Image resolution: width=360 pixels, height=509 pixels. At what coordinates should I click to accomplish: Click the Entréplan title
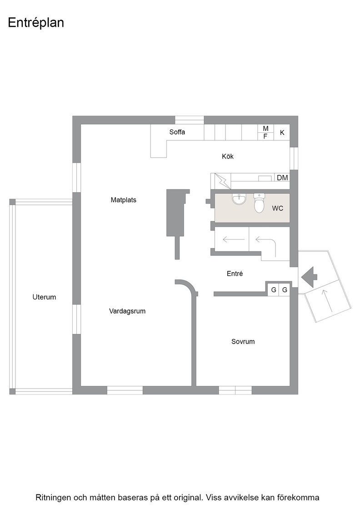click(36, 23)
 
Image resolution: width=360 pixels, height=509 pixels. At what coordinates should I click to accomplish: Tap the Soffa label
click(177, 132)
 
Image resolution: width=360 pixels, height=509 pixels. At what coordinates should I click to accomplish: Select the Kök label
click(228, 156)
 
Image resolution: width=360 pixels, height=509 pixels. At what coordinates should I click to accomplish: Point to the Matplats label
click(123, 200)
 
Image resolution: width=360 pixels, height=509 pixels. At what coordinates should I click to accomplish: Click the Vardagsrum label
click(127, 311)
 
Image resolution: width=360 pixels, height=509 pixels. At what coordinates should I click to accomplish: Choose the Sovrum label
click(243, 341)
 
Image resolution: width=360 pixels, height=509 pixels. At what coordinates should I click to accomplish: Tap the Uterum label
click(44, 297)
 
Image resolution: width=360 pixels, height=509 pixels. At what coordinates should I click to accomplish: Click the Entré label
click(235, 274)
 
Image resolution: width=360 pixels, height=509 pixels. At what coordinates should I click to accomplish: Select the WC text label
click(278, 209)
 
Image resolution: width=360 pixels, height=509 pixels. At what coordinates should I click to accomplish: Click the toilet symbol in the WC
click(259, 203)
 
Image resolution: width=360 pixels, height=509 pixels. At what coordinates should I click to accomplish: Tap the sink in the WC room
click(239, 200)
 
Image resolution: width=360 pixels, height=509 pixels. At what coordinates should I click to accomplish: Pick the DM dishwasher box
click(282, 177)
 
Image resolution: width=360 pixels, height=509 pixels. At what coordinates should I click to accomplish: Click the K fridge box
click(282, 132)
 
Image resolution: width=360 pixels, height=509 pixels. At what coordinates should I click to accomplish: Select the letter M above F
click(265, 129)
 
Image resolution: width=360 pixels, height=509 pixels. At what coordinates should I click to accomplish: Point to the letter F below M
click(265, 137)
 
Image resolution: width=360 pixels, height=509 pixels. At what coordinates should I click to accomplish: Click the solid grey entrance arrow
click(309, 277)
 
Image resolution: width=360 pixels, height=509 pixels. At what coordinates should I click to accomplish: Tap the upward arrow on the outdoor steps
click(328, 301)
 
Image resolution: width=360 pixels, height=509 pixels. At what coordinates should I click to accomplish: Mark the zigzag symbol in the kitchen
click(224, 181)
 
